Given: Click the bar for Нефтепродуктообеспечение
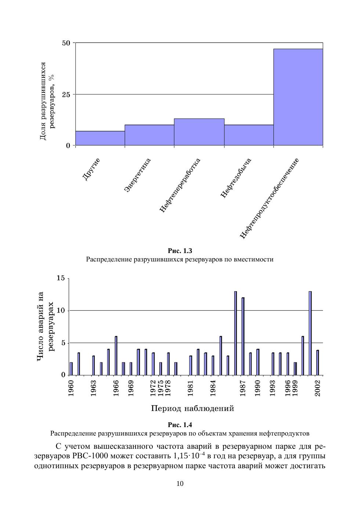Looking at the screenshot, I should pos(298,97).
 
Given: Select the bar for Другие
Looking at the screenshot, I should pos(100,138).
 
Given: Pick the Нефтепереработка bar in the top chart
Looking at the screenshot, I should pos(199,132).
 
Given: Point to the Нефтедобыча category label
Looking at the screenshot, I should pos(236,178).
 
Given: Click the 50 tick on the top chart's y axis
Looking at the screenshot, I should pos(66,43).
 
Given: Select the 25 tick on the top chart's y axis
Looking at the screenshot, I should pos(66,94).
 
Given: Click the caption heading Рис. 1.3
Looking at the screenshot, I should pos(180,251).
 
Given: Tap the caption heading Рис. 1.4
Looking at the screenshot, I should pos(180,425).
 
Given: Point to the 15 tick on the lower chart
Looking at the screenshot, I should pos(61,278).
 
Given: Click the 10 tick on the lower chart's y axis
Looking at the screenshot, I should pos(61,311).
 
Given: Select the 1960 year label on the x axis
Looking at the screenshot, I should pos(71,387).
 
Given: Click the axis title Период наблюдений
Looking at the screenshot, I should pos(192,408).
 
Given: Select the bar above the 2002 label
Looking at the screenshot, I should pos(318,362).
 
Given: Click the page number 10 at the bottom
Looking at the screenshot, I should pos(180,484).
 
